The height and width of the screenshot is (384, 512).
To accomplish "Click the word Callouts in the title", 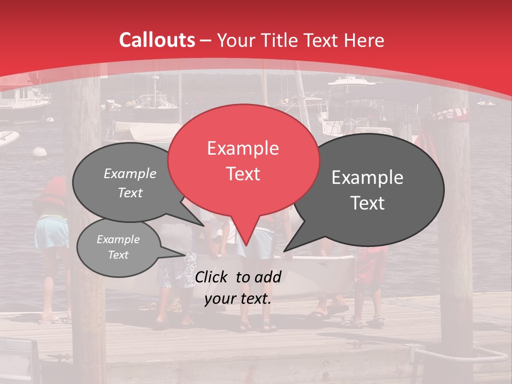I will coord(157,40).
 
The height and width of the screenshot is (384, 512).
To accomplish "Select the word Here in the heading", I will coord(364,40).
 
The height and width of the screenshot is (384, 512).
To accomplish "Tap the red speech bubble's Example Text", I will coord(243,161).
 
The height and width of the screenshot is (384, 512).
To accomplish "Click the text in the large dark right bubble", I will coord(367,190).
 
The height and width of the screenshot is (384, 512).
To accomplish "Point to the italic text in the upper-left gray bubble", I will coord(130,183).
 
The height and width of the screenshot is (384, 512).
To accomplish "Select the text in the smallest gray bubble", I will coord(118,247).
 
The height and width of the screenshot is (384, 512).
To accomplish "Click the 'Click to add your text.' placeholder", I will coord(238,287).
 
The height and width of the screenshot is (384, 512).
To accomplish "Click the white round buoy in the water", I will coord(39,151).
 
